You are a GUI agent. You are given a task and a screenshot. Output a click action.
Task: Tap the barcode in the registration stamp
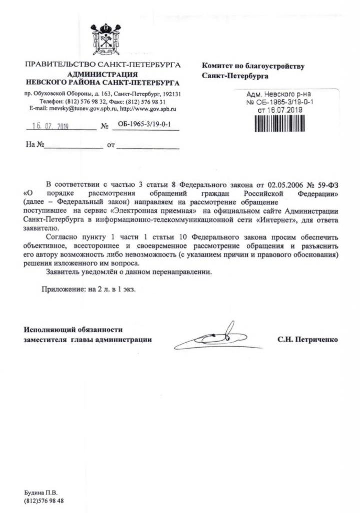(x=283, y=123)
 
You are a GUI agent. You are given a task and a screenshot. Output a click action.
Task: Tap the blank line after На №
(x=73, y=146)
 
